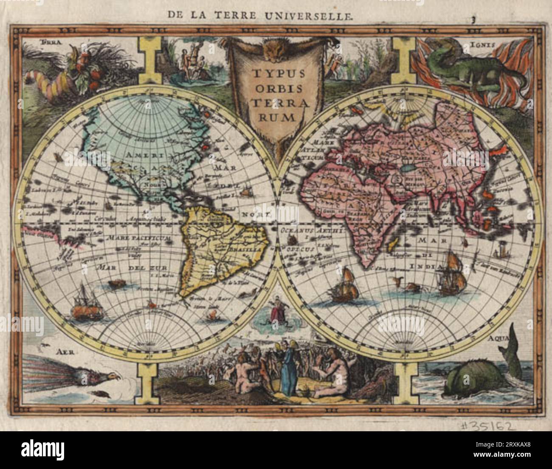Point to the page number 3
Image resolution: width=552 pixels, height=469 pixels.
(x=472, y=19)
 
